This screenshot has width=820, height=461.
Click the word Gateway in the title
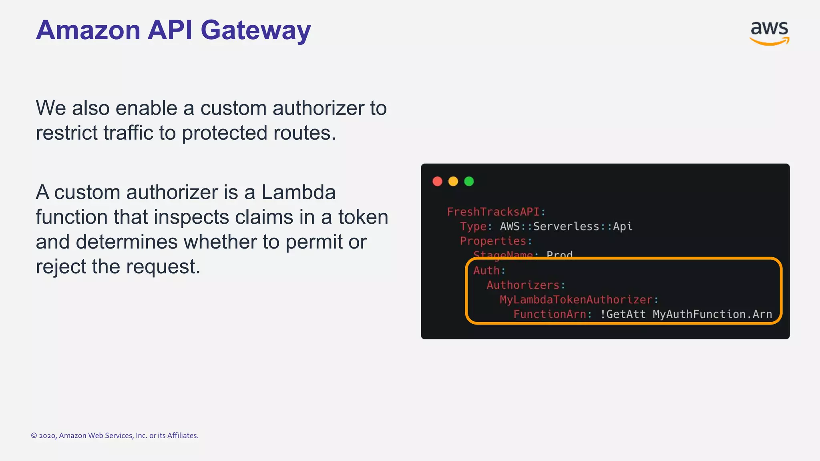point(255,30)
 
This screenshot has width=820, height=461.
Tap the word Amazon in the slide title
point(88,30)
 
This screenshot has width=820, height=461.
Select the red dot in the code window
point(437,182)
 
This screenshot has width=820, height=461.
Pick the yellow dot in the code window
point(453,182)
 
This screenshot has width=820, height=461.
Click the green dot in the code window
point(469,182)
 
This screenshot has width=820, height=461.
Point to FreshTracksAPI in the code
point(493,212)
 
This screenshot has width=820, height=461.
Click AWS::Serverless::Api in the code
point(566,226)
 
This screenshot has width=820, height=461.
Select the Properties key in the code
point(493,241)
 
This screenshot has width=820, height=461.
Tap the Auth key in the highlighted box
point(486,271)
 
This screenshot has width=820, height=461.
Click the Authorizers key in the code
point(523,285)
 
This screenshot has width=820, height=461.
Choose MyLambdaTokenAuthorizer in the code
point(576,300)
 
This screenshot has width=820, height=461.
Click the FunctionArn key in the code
point(550,314)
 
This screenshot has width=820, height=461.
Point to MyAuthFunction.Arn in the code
point(712,314)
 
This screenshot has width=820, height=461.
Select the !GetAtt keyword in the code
point(623,314)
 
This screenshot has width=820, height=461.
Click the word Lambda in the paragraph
point(298,192)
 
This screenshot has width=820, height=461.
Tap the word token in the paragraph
point(363,217)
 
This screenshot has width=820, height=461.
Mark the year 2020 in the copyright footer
point(47,436)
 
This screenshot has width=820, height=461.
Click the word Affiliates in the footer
point(182,436)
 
